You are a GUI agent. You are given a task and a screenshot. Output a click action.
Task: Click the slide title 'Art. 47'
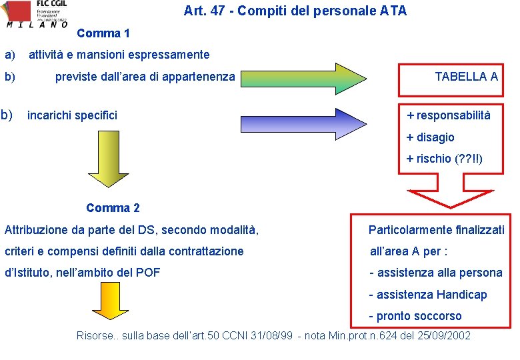[x=295, y=11]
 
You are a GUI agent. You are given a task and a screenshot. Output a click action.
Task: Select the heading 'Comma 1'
[x=103, y=33]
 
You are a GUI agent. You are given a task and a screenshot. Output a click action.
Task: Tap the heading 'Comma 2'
[x=113, y=208]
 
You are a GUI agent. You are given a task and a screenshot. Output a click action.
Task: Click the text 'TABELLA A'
[x=466, y=77]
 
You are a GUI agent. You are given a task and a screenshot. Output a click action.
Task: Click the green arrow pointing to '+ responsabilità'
[x=320, y=115]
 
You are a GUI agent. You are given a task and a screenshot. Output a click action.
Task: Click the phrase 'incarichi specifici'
[x=72, y=115]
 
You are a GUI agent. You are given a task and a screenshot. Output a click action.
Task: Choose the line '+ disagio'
[x=431, y=137]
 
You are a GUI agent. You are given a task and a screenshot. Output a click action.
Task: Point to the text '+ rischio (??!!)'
[x=445, y=159]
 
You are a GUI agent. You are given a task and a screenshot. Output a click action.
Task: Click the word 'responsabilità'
[x=454, y=115]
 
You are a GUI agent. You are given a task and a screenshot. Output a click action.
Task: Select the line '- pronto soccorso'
[x=415, y=316]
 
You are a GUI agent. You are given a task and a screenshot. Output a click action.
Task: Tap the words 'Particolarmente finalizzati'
[x=437, y=230]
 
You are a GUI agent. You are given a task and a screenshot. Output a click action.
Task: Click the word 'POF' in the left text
[x=148, y=272]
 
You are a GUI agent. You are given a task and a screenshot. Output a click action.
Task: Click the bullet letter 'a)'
[x=11, y=55]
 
